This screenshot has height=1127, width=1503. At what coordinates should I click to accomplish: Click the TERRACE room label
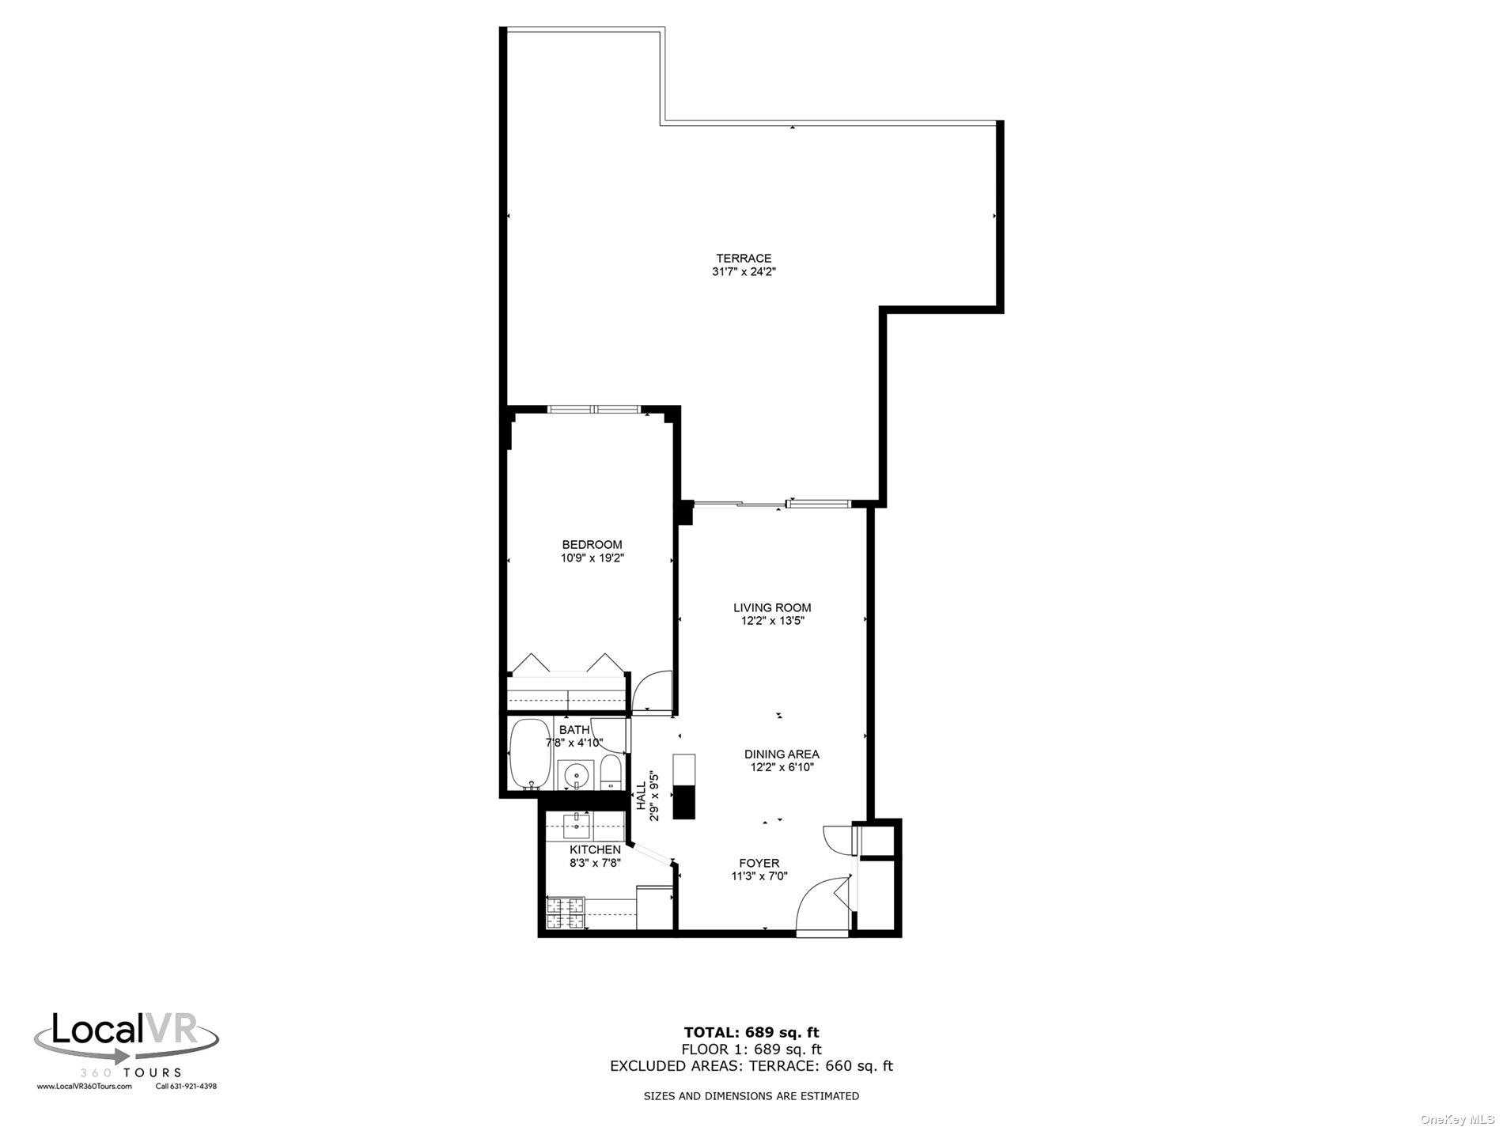pos(743,258)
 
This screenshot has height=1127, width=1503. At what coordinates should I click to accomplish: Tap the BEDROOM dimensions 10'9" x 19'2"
pos(592,558)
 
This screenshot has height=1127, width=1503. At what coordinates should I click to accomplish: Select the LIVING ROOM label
pos(771,607)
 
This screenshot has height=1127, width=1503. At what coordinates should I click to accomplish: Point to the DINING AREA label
pos(781,754)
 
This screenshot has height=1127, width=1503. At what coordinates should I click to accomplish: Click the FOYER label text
pos(759,863)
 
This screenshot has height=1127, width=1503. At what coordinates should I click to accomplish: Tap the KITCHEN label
pos(595,849)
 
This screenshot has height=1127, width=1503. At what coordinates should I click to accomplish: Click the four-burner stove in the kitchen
pos(565,913)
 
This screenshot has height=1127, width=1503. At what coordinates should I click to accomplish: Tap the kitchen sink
pos(577,827)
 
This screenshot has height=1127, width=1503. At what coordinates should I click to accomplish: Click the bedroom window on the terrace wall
pos(594,409)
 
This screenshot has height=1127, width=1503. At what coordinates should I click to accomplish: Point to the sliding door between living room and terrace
pos(771,504)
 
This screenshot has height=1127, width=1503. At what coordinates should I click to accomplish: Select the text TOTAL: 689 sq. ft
pos(751,1031)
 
